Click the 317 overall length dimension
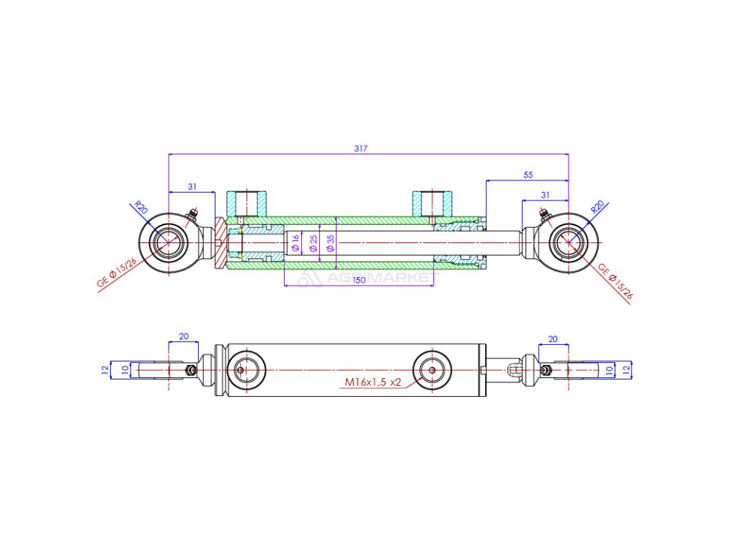coord(361,149)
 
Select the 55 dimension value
coord(528,175)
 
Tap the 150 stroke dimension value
coord(358,280)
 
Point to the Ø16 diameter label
coord(295,243)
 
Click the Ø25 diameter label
coord(314,243)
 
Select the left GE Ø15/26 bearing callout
coord(117,270)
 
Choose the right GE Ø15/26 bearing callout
coord(615,282)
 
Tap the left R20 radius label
coord(141,208)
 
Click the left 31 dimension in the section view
coord(192,187)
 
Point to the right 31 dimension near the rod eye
coord(545,195)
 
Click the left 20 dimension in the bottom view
coord(183,336)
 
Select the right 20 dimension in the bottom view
coord(553,338)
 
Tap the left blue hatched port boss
coord(246,202)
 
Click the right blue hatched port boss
coord(432,202)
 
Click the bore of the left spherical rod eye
coord(169,242)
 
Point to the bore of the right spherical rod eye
coord(568,242)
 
